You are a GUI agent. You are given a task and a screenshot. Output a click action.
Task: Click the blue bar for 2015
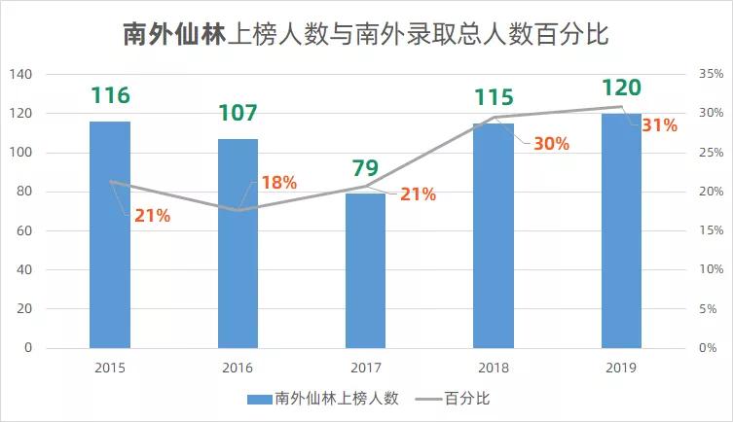click(110, 234)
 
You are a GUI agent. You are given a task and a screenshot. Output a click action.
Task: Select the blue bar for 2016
click(238, 243)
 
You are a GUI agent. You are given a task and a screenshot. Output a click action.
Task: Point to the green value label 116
click(110, 95)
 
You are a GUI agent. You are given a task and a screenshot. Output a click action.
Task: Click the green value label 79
click(366, 169)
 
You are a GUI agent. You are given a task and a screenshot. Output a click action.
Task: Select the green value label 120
click(621, 88)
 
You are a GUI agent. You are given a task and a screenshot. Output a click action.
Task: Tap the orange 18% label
click(278, 183)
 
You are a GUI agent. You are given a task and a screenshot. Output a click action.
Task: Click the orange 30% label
click(551, 143)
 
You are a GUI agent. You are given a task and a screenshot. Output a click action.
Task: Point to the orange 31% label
click(659, 125)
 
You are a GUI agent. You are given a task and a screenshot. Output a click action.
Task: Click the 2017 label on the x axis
click(366, 368)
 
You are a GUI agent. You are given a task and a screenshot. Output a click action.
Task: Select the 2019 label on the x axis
click(621, 368)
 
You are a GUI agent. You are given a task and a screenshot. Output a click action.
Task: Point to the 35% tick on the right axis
click(709, 75)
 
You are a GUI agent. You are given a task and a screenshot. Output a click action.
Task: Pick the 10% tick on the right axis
click(709, 269)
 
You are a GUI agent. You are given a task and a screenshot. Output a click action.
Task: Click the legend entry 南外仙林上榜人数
click(321, 399)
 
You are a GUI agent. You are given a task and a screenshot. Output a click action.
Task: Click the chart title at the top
click(366, 35)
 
